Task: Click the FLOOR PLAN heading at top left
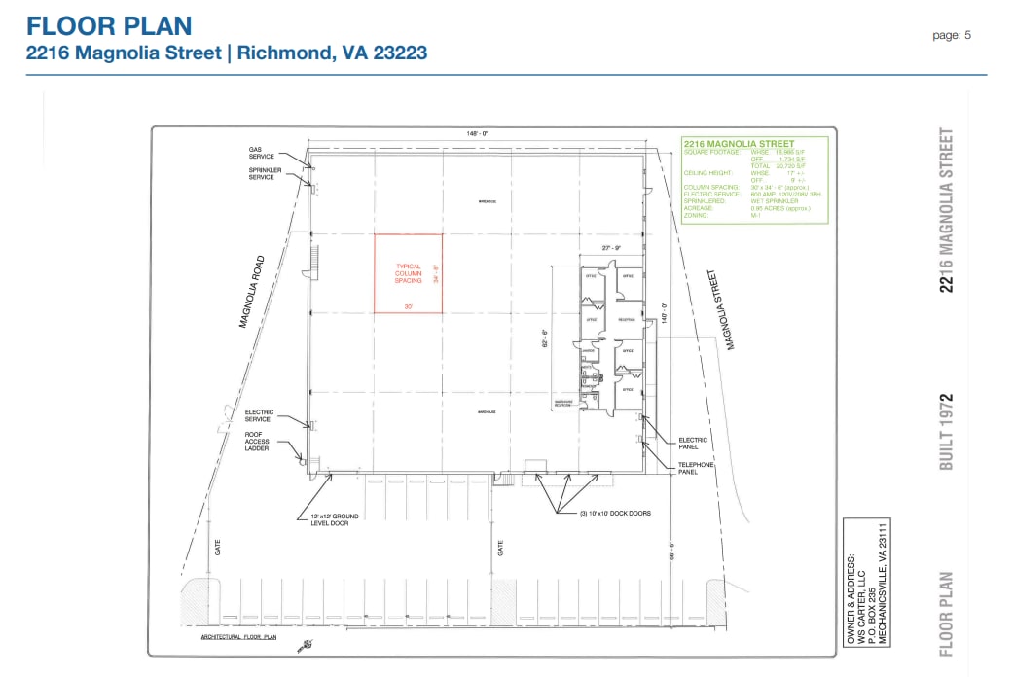(x=108, y=26)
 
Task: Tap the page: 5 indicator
(x=952, y=35)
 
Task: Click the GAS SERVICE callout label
(x=261, y=153)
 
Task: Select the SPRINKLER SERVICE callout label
(x=261, y=174)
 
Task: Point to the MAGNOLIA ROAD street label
(x=252, y=291)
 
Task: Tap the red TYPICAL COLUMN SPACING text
(x=409, y=273)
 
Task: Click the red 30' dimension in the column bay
(x=409, y=306)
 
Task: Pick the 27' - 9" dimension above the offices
(x=611, y=248)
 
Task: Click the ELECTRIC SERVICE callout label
(x=260, y=415)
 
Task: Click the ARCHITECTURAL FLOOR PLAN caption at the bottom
(x=238, y=637)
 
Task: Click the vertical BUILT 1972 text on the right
(x=945, y=431)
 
